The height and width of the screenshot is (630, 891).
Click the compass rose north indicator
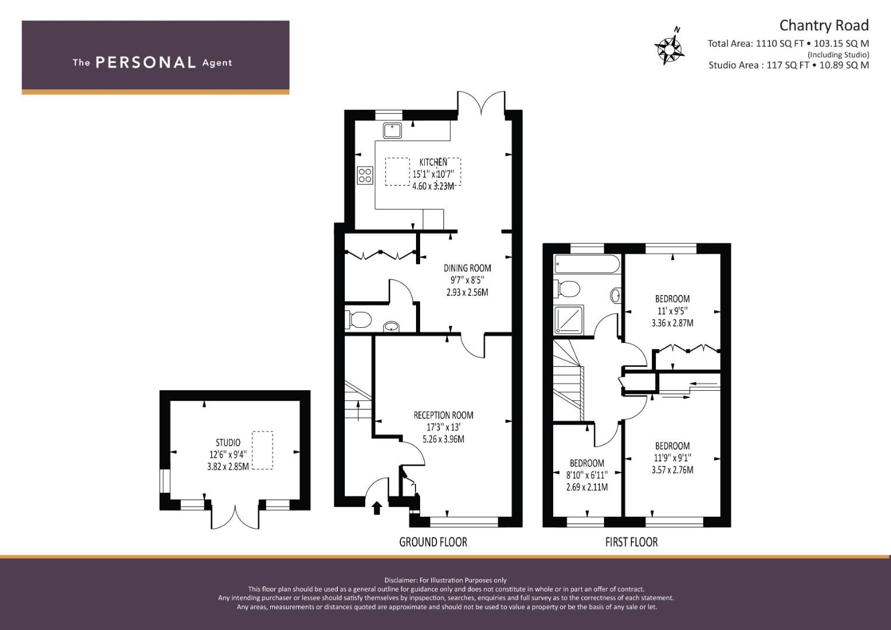pyautogui.click(x=669, y=47)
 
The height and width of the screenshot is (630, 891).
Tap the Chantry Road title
pyautogui.click(x=824, y=26)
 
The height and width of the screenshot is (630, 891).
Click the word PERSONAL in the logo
pyautogui.click(x=146, y=62)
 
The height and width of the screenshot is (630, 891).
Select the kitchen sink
pyautogui.click(x=392, y=131)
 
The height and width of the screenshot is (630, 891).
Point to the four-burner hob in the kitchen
pyautogui.click(x=365, y=176)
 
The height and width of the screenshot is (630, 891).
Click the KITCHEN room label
pyautogui.click(x=433, y=162)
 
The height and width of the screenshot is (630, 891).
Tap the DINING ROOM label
pyautogui.click(x=467, y=268)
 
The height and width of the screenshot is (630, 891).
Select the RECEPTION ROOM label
pyautogui.click(x=443, y=415)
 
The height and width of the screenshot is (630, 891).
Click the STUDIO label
pyautogui.click(x=228, y=443)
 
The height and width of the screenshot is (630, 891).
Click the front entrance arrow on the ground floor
pyautogui.click(x=377, y=508)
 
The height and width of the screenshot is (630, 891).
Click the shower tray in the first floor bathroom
pyautogui.click(x=569, y=320)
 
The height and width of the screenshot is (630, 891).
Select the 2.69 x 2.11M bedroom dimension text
pyautogui.click(x=587, y=487)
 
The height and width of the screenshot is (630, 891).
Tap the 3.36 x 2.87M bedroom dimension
pyautogui.click(x=672, y=323)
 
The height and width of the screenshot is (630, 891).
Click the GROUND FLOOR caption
pyautogui.click(x=433, y=542)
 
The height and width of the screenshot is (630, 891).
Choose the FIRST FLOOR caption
pyautogui.click(x=632, y=542)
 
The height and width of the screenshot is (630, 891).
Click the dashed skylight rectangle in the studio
pyautogui.click(x=263, y=450)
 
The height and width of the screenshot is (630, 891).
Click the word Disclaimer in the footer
pyautogui.click(x=400, y=580)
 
